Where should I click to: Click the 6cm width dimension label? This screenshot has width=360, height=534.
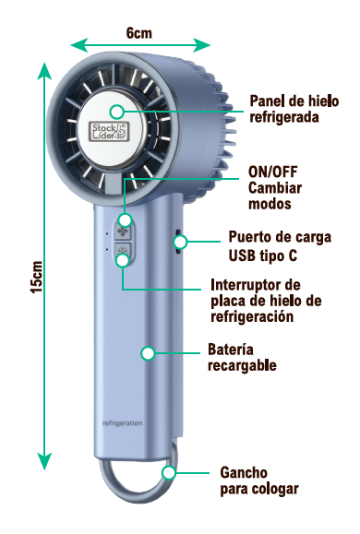pos(139,33)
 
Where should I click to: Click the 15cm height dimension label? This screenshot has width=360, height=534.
pos(37,277)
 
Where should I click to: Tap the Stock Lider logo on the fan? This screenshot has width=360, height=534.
pos(109,132)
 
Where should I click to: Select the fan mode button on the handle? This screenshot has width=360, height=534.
pos(123,231)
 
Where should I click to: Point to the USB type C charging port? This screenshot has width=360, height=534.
pos(177,242)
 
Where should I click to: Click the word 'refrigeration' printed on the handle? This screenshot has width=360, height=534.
pos(123,423)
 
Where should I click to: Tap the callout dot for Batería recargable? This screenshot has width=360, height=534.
pos(148,353)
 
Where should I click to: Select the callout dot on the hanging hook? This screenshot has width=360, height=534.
pos(169,473)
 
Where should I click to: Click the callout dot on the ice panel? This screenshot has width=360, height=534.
pos(117,112)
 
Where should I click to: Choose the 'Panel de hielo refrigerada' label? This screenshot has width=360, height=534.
pos(294,109)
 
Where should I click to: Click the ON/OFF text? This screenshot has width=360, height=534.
pos(272,172)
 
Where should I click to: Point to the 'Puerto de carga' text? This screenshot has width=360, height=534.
pos(280,237)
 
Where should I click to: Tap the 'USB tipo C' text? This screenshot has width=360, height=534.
pos(262,255)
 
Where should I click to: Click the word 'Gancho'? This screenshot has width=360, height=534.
pos(244,473)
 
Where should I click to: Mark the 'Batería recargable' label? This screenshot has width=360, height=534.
pos(242,357)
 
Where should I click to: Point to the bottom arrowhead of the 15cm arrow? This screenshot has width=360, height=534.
pos(44,461)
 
